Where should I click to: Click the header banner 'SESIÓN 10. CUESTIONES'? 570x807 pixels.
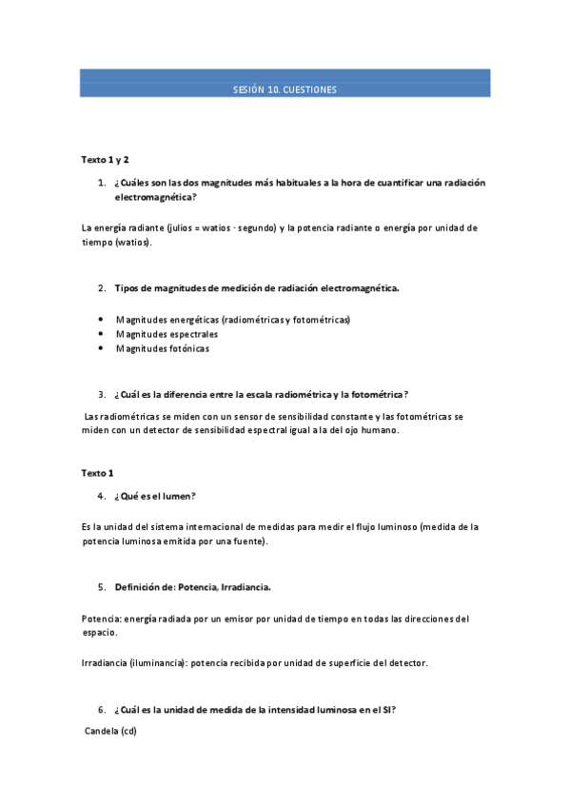[285, 89]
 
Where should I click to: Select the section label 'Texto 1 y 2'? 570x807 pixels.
[105, 160]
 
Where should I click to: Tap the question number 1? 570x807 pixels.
[101, 183]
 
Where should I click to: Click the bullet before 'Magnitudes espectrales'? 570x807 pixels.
[101, 334]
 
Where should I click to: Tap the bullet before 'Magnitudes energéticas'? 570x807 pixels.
[101, 320]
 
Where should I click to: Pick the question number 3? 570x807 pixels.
[101, 394]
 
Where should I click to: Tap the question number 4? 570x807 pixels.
[101, 496]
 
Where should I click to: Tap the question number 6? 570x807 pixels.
[101, 709]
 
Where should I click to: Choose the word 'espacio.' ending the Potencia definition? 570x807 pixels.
[100, 632]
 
